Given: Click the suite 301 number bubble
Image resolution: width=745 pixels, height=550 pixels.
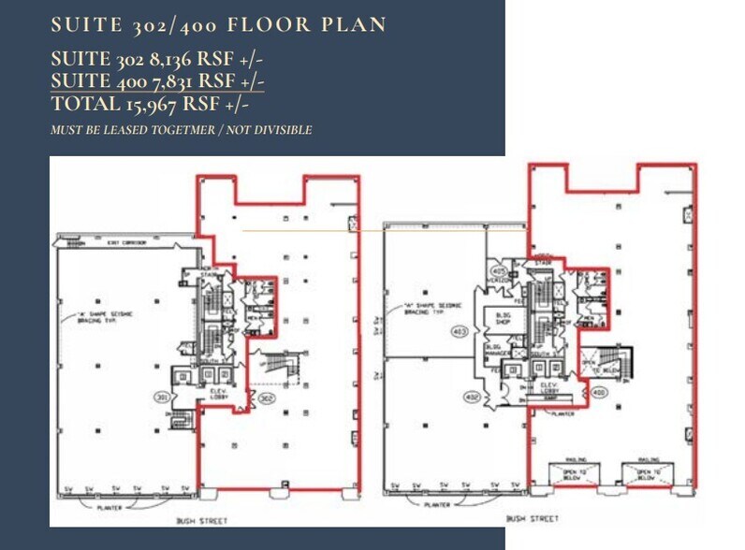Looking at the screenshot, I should tap(163, 397).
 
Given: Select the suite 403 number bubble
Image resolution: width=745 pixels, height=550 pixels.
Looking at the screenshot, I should tap(460, 330).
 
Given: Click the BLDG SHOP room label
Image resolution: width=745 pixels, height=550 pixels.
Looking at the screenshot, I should tap(504, 320).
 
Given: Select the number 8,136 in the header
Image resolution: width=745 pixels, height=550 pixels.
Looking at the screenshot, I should tap(167, 61).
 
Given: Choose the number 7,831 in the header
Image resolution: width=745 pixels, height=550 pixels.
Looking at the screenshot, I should tap(168, 82).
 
